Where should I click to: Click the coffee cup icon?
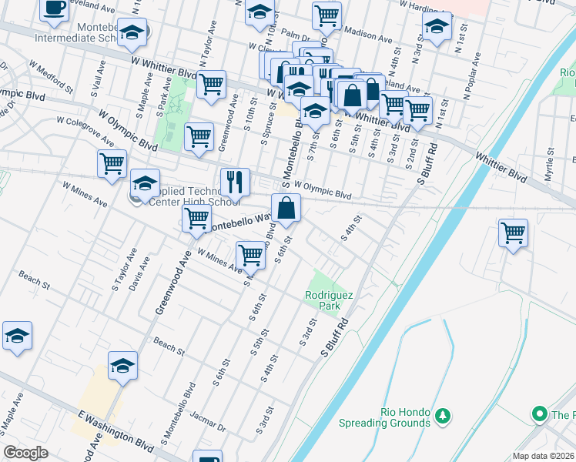point(54,8)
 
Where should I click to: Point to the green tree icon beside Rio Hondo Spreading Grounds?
point(443,417)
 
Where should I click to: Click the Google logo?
point(25,453)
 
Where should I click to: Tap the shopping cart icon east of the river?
point(513,232)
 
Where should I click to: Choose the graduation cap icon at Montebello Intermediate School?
point(133,34)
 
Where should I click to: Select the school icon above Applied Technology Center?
point(145,183)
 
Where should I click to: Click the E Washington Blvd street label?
point(108,427)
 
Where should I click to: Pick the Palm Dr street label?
point(295,35)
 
